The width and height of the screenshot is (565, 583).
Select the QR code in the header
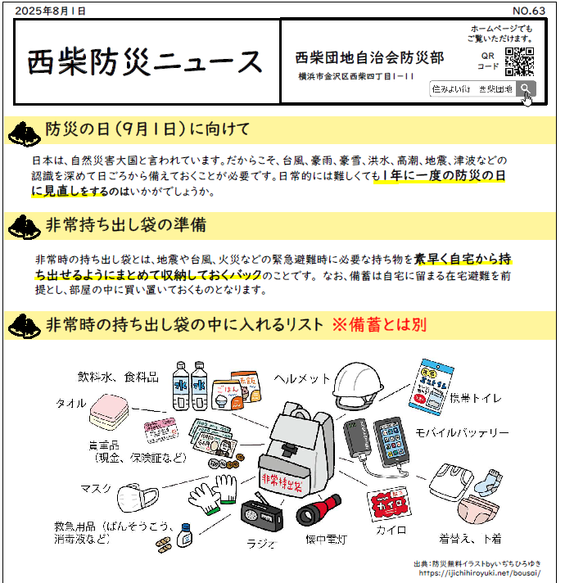click(x=519, y=62)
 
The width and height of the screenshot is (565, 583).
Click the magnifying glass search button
click(x=525, y=88)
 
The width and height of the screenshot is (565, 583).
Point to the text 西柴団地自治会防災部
click(x=369, y=57)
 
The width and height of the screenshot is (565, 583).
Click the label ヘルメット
click(x=302, y=378)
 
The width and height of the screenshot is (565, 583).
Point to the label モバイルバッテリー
click(x=462, y=432)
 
